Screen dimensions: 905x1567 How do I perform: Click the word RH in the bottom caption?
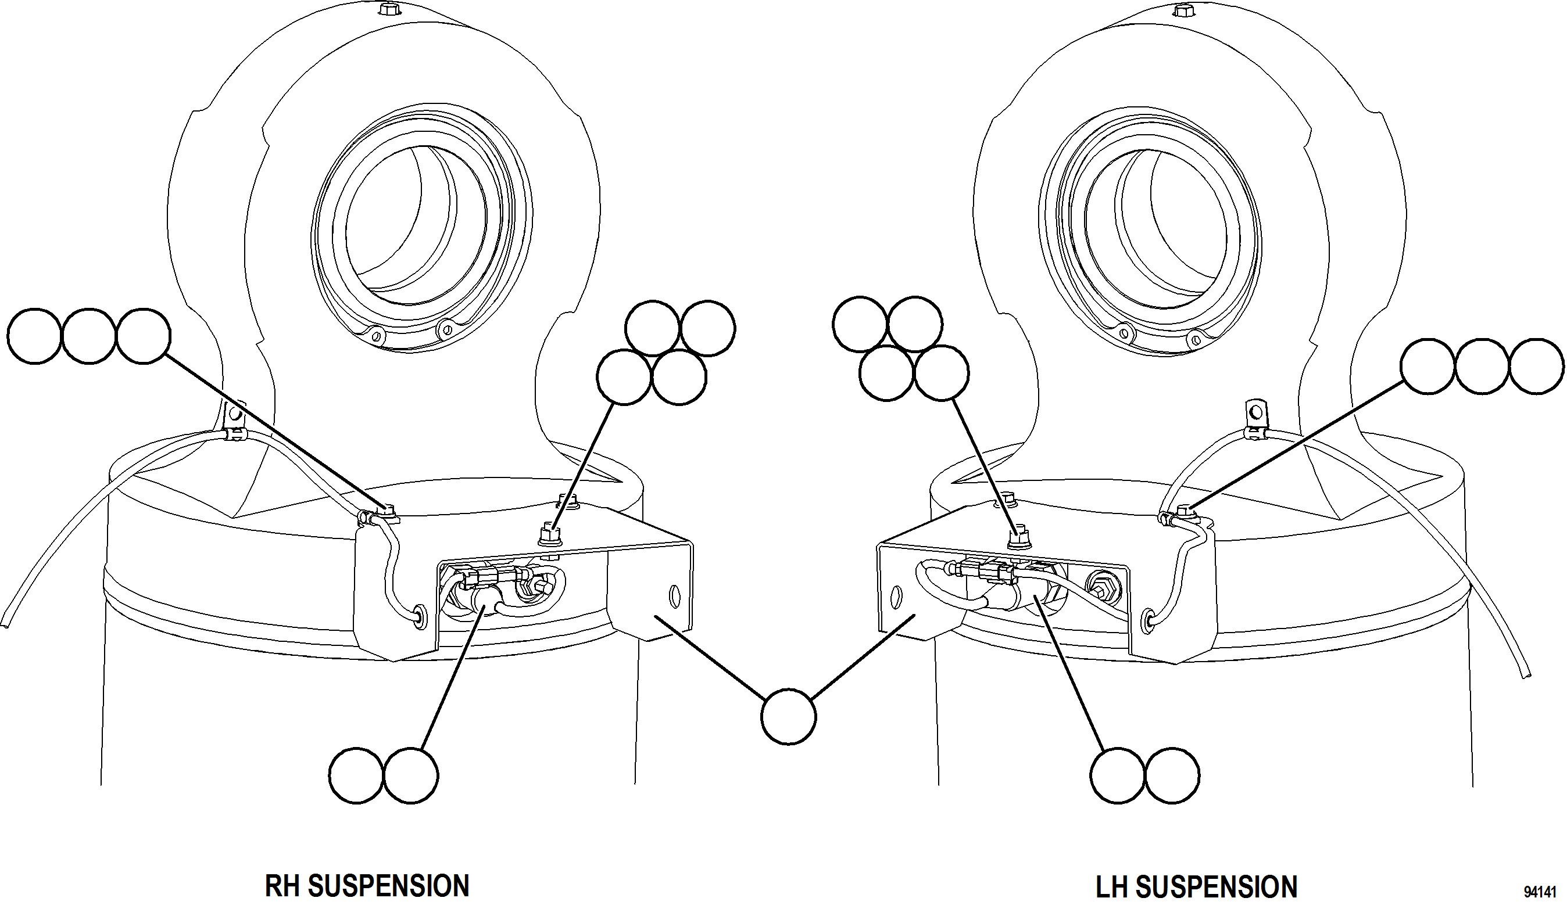coord(284,886)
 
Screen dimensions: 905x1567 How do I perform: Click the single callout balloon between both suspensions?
coord(788,716)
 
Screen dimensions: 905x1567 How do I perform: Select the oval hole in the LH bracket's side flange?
coord(896,597)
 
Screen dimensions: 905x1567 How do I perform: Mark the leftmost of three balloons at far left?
coord(35,336)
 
